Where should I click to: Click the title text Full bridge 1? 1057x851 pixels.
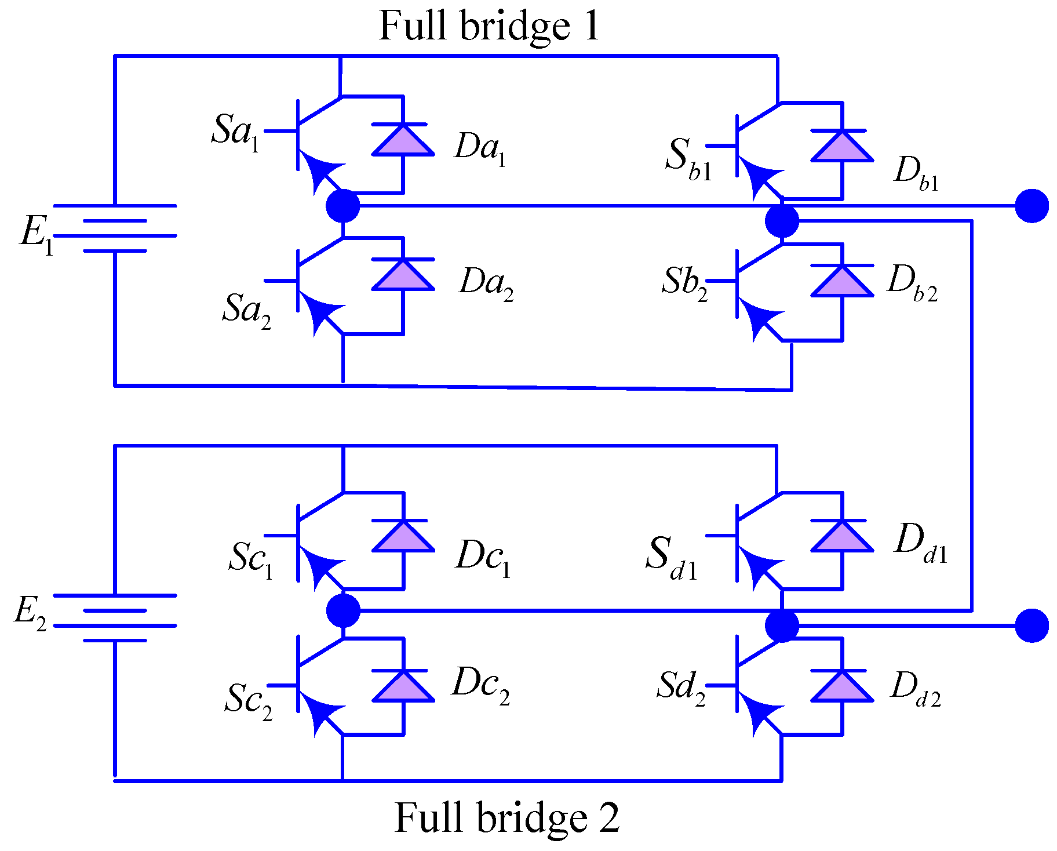[x=489, y=26]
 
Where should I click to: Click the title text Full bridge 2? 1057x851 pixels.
[x=506, y=817]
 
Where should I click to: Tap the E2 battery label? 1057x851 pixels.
[x=30, y=613]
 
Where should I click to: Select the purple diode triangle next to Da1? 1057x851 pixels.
[x=403, y=141]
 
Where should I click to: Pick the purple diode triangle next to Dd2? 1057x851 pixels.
[x=841, y=687]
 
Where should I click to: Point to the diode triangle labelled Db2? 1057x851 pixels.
[x=841, y=282]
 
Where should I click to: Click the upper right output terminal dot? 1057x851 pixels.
[x=1032, y=206]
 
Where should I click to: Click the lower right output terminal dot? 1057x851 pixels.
[x=1032, y=625]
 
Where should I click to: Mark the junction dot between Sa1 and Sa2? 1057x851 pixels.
[x=343, y=206]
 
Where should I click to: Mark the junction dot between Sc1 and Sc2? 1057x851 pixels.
[x=343, y=610]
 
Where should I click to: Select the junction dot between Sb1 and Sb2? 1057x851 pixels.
[x=782, y=221]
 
